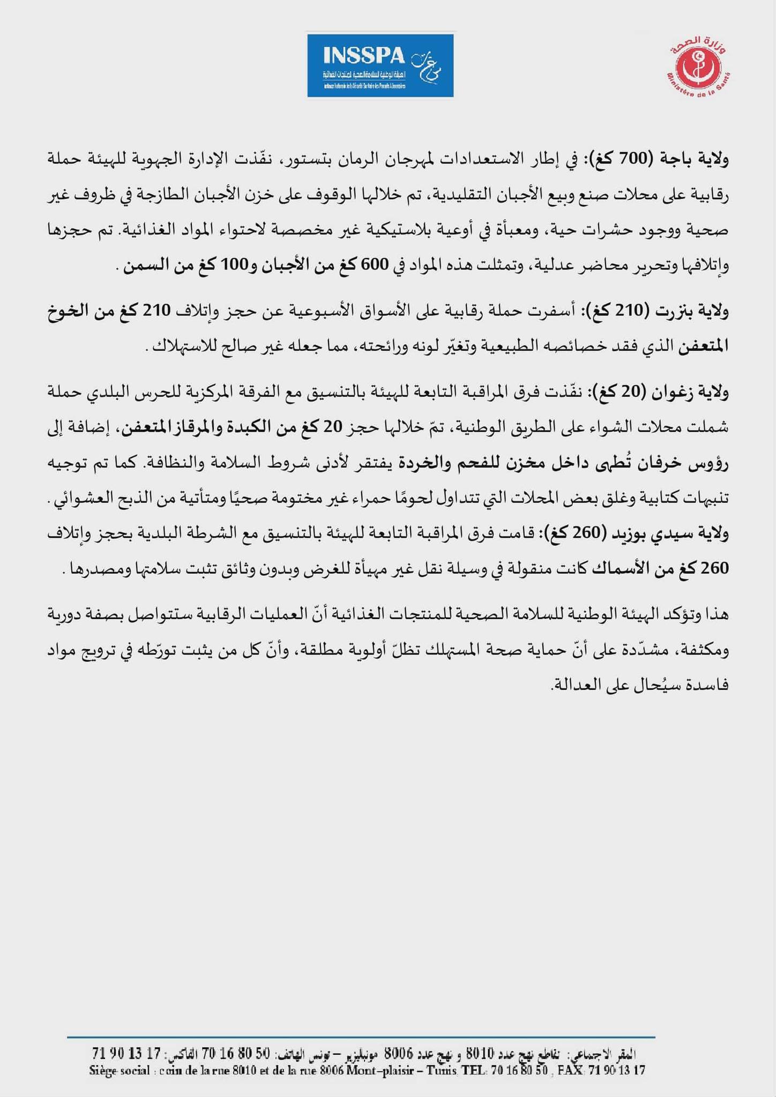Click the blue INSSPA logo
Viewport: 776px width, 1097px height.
tap(380, 65)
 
